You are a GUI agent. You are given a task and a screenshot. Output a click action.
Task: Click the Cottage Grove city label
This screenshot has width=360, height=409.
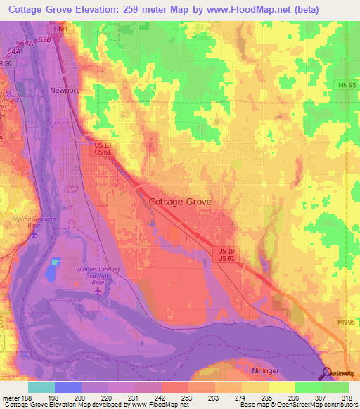pyautogui.click(x=180, y=202)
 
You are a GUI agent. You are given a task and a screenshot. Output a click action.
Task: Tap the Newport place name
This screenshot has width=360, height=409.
pyautogui.click(x=63, y=91)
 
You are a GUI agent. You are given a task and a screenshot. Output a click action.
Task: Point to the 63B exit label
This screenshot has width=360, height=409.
pyautogui.click(x=46, y=40)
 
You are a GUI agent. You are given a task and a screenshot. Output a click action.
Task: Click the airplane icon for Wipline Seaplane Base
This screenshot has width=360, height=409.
pyautogui.click(x=32, y=235)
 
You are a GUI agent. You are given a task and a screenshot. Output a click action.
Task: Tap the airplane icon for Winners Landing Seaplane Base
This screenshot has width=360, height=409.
pyautogui.click(x=98, y=290)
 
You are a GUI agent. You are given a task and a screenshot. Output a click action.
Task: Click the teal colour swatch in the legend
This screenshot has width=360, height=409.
pyautogui.click(x=41, y=387)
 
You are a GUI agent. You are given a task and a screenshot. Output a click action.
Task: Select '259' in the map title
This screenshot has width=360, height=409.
pyautogui.click(x=146, y=9)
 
